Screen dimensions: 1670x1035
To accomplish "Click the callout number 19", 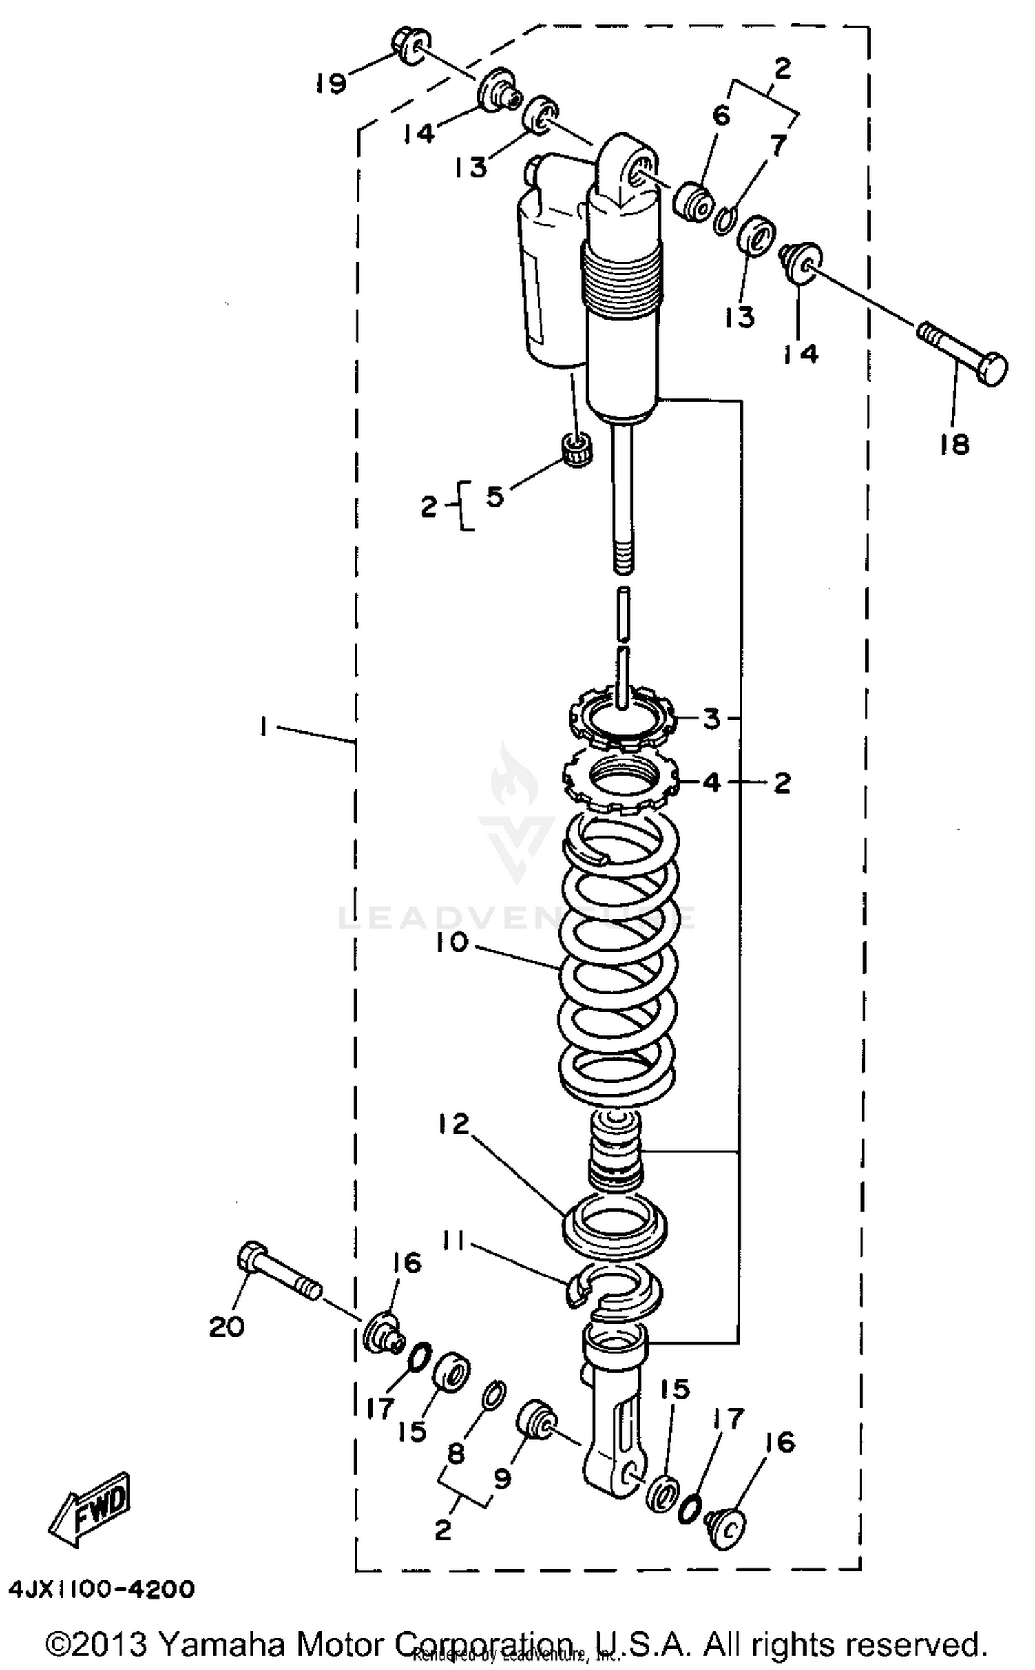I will (331, 83).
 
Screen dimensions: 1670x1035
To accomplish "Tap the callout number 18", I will (954, 444).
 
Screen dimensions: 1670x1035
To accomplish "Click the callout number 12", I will (453, 1124).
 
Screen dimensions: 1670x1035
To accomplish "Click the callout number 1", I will (264, 726).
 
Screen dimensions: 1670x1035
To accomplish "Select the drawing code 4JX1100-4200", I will (101, 1589).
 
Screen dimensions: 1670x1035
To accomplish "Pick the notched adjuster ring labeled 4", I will (621, 783).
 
